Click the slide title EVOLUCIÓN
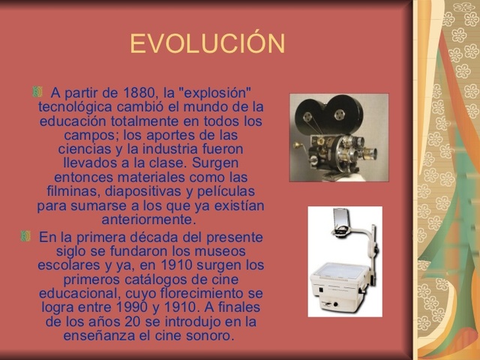click(x=207, y=44)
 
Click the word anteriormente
click(x=148, y=220)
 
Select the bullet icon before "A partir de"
click(x=37, y=92)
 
